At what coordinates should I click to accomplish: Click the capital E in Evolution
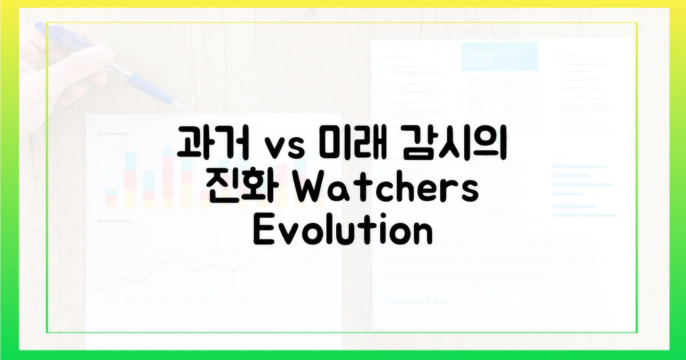(264, 231)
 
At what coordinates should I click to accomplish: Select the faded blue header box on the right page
(499, 56)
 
